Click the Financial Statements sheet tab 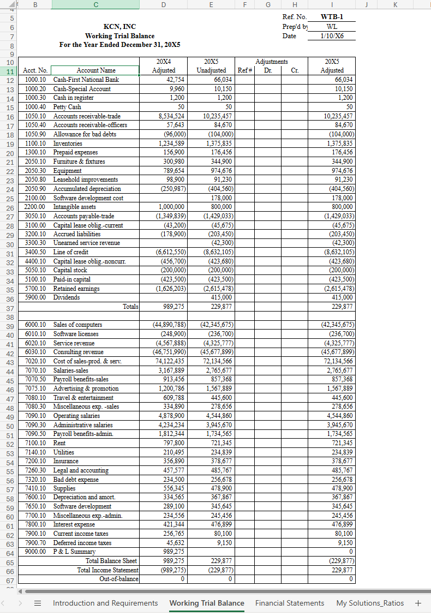pos(290,603)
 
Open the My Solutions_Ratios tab pos(370,603)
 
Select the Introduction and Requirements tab pos(105,603)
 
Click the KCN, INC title pos(119,26)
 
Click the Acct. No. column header pos(35,70)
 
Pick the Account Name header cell pos(96,70)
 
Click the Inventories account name pos(68,143)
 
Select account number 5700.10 pos(35,289)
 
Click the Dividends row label pos(67,297)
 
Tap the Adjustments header pos(271,62)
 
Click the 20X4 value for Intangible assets pos(172,207)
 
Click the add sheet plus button pos(418,603)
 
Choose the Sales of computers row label pos(77,325)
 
